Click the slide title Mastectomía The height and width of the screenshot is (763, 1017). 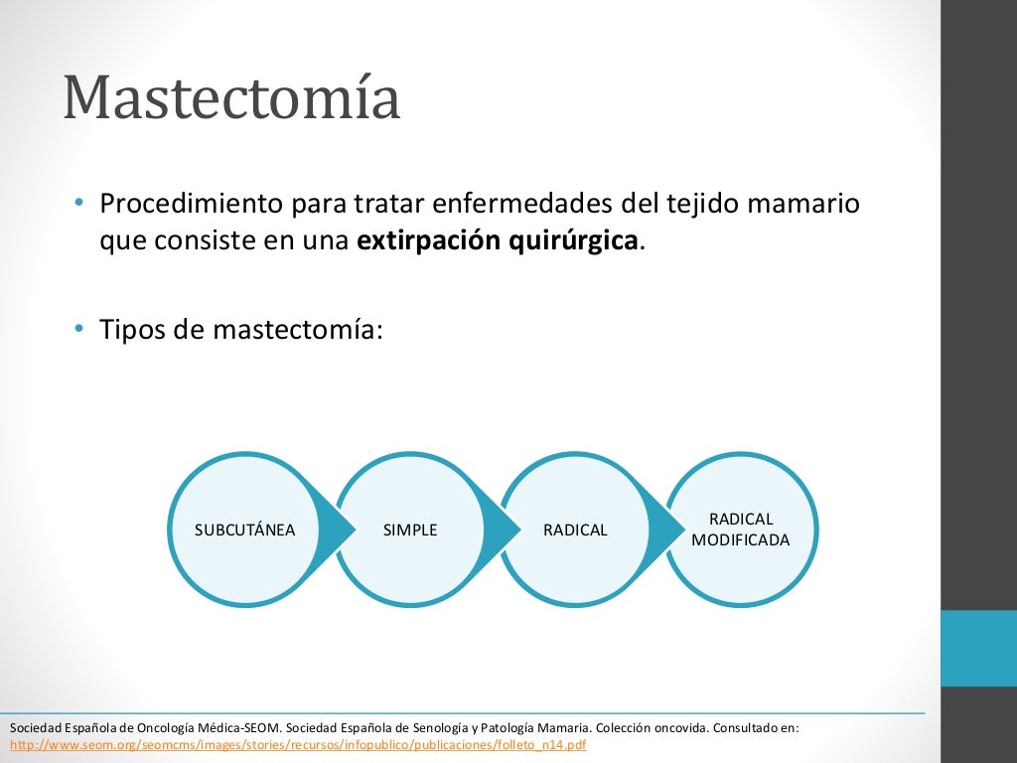coord(231,98)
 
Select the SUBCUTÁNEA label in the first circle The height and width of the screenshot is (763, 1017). coord(244,530)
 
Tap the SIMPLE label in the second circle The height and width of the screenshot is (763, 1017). coord(410,530)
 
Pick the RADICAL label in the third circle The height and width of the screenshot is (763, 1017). coord(575,530)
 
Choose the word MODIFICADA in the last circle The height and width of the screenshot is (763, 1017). coord(741,540)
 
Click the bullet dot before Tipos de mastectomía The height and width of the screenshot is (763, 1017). coord(78,329)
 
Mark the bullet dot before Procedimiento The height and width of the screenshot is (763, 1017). coord(78,204)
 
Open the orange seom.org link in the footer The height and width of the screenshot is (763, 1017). coord(298,744)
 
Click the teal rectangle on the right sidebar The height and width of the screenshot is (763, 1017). coord(978,648)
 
